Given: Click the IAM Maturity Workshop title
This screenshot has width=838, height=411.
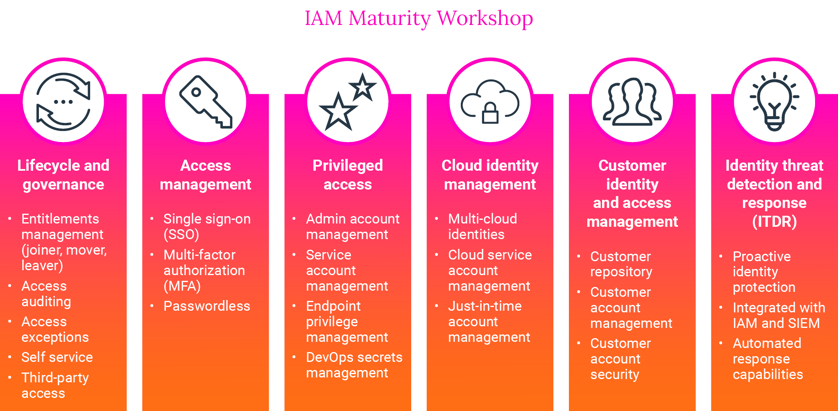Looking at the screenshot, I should coord(419,18).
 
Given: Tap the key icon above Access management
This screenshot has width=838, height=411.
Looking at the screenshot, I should coord(206,102).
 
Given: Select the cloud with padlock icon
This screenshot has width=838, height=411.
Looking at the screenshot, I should coord(490,102).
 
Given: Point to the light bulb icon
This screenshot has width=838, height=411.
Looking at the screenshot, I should coord(774,102).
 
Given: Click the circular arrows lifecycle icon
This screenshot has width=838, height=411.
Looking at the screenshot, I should coord(63,102).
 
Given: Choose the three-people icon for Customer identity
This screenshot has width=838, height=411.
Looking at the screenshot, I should coord(632,102).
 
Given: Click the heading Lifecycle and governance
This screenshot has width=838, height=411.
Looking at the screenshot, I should coord(63,175).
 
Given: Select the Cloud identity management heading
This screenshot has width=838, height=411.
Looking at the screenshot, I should coord(490,175).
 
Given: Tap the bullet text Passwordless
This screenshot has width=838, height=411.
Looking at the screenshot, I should coord(207,306).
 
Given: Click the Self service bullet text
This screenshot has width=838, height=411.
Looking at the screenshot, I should coord(57,357).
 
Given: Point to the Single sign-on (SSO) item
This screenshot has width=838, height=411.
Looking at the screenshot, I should coord(207,226).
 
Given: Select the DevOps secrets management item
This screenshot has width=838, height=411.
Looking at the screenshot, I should coord(354,365).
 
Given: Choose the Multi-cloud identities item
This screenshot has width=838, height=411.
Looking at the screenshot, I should coord(482,226).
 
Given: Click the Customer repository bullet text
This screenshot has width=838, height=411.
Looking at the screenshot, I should coord(621,264).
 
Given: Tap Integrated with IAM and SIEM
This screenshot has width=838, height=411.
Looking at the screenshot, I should coord(778,315).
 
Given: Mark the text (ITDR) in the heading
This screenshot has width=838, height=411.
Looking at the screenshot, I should coord(774,221).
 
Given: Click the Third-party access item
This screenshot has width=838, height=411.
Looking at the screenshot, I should coord(55,385).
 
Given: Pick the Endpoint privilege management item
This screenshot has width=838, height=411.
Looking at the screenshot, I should coord(347,321).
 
